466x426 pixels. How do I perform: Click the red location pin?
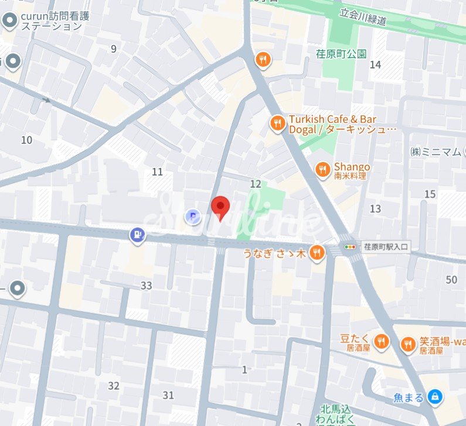click(x=220, y=207)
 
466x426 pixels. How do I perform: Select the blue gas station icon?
click(x=137, y=235)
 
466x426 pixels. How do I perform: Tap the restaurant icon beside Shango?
click(x=322, y=170)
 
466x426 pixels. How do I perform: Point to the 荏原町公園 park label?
click(x=341, y=54)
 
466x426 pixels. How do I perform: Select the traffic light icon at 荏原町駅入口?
click(x=351, y=247)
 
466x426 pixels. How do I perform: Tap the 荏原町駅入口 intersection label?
click(x=386, y=247)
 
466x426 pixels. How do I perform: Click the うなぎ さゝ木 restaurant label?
click(x=275, y=253)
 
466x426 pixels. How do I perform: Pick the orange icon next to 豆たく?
click(x=382, y=342)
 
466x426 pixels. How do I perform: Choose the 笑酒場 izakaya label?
click(x=440, y=345)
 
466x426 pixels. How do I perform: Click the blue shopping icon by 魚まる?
click(x=434, y=397)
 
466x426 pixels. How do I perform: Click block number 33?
click(x=146, y=286)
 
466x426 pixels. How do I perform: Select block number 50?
click(x=451, y=280)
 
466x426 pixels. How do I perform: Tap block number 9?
click(x=114, y=49)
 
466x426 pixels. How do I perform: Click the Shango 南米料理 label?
click(x=352, y=170)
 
